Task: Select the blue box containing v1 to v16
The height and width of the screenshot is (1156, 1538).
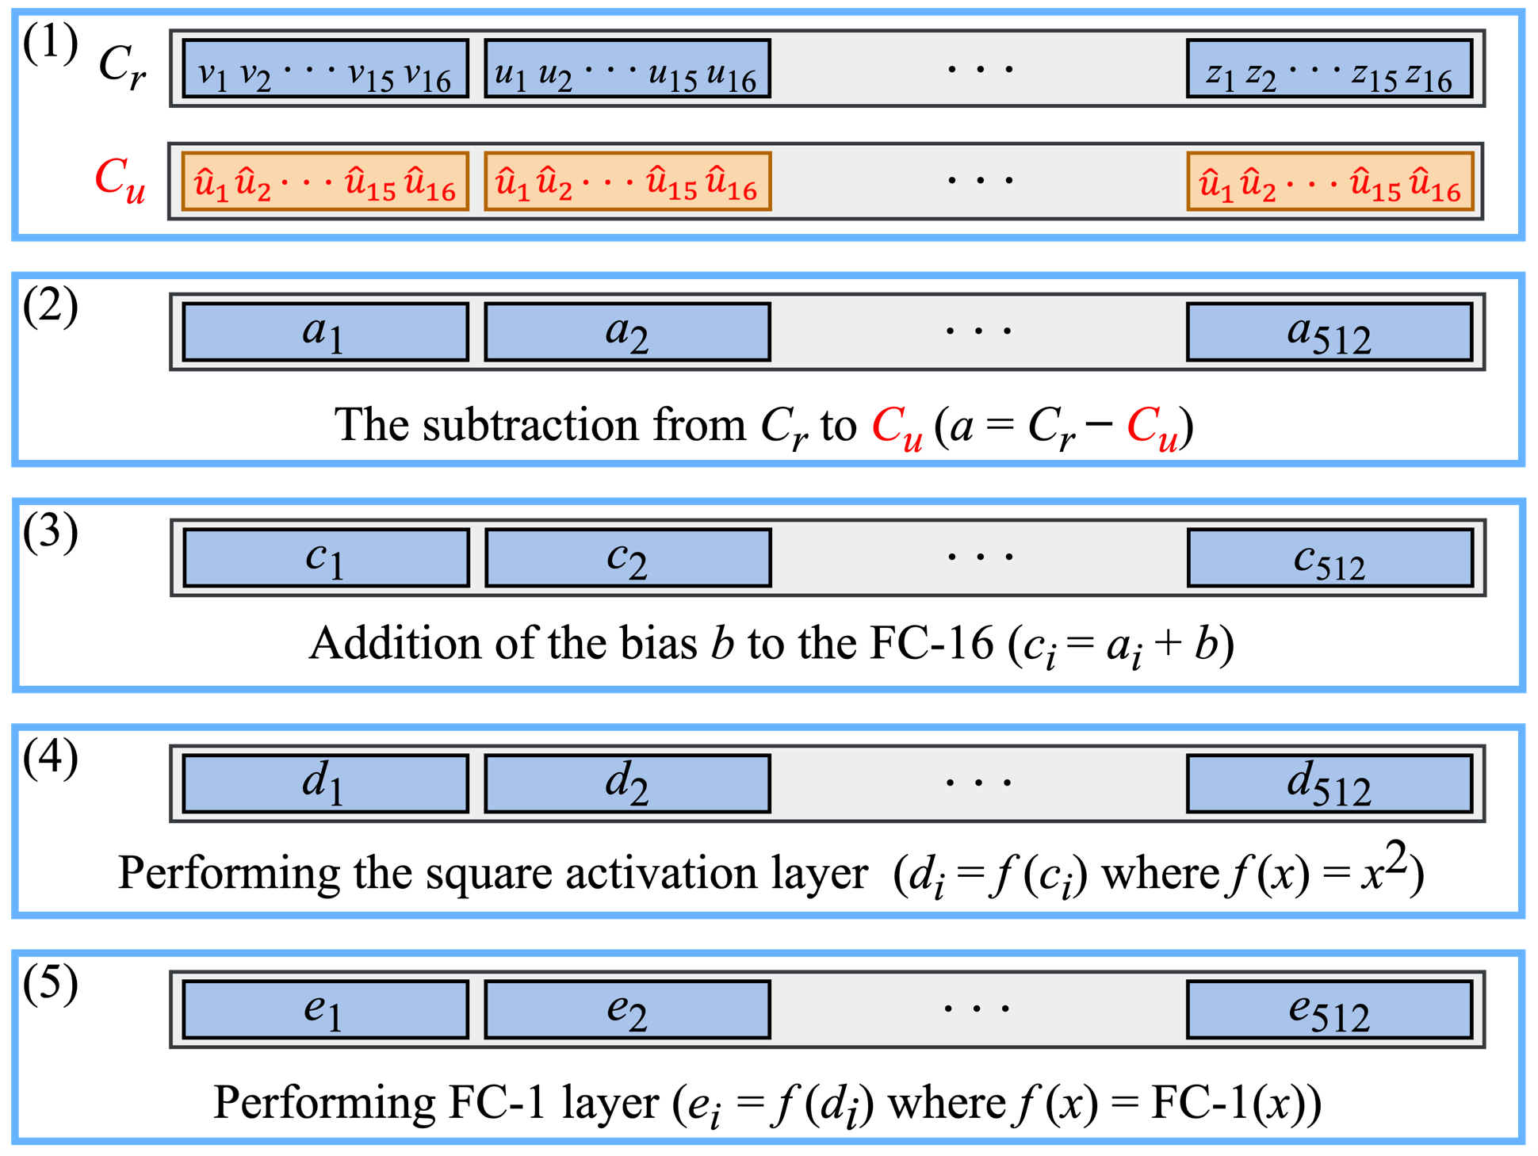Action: [x=325, y=69]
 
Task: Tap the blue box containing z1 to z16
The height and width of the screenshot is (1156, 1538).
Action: [x=1329, y=69]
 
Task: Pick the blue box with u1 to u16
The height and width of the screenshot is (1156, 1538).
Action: [x=627, y=69]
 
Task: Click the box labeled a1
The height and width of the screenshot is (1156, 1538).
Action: [x=325, y=331]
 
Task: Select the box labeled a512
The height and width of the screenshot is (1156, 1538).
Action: [x=1329, y=331]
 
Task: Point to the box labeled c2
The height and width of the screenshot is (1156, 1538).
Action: [x=627, y=557]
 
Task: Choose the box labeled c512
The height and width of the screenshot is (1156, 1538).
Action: [x=1329, y=557]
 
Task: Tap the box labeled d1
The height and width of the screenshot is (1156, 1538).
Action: [x=325, y=783]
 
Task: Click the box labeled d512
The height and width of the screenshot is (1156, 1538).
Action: [x=1329, y=783]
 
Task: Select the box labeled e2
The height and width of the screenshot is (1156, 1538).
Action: [x=627, y=1009]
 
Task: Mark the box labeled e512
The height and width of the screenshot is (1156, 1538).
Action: [x=1329, y=1009]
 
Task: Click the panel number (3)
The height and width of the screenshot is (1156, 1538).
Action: [x=51, y=531]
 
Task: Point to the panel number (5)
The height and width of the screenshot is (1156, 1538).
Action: [x=51, y=983]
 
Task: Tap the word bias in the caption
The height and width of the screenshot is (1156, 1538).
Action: [x=658, y=643]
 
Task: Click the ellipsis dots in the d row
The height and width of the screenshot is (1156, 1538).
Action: [x=978, y=783]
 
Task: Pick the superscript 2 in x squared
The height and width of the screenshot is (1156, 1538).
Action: [x=1397, y=858]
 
